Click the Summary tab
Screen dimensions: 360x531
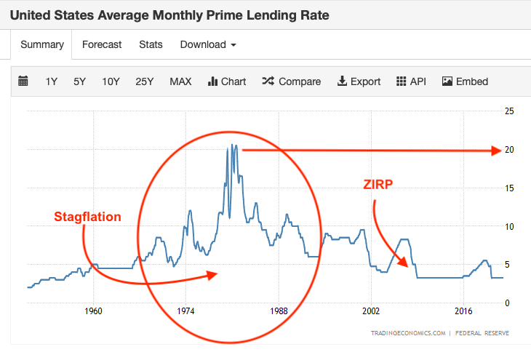[x=42, y=44]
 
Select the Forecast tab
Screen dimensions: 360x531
[x=102, y=44]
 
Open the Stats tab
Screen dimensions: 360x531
[x=151, y=44]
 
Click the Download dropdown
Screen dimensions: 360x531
[x=208, y=44]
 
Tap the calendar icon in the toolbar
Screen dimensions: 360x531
[x=23, y=81]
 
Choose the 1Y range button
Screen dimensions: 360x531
[x=51, y=81]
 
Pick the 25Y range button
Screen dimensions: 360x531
[x=145, y=81]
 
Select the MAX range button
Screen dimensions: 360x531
[x=180, y=81]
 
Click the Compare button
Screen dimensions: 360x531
[x=292, y=81]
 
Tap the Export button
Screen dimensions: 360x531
[x=359, y=81]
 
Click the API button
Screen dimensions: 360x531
[x=411, y=81]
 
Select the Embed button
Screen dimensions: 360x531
[x=465, y=81]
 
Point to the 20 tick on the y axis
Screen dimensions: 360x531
[x=510, y=150]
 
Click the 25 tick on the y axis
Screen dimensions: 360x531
[x=510, y=111]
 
